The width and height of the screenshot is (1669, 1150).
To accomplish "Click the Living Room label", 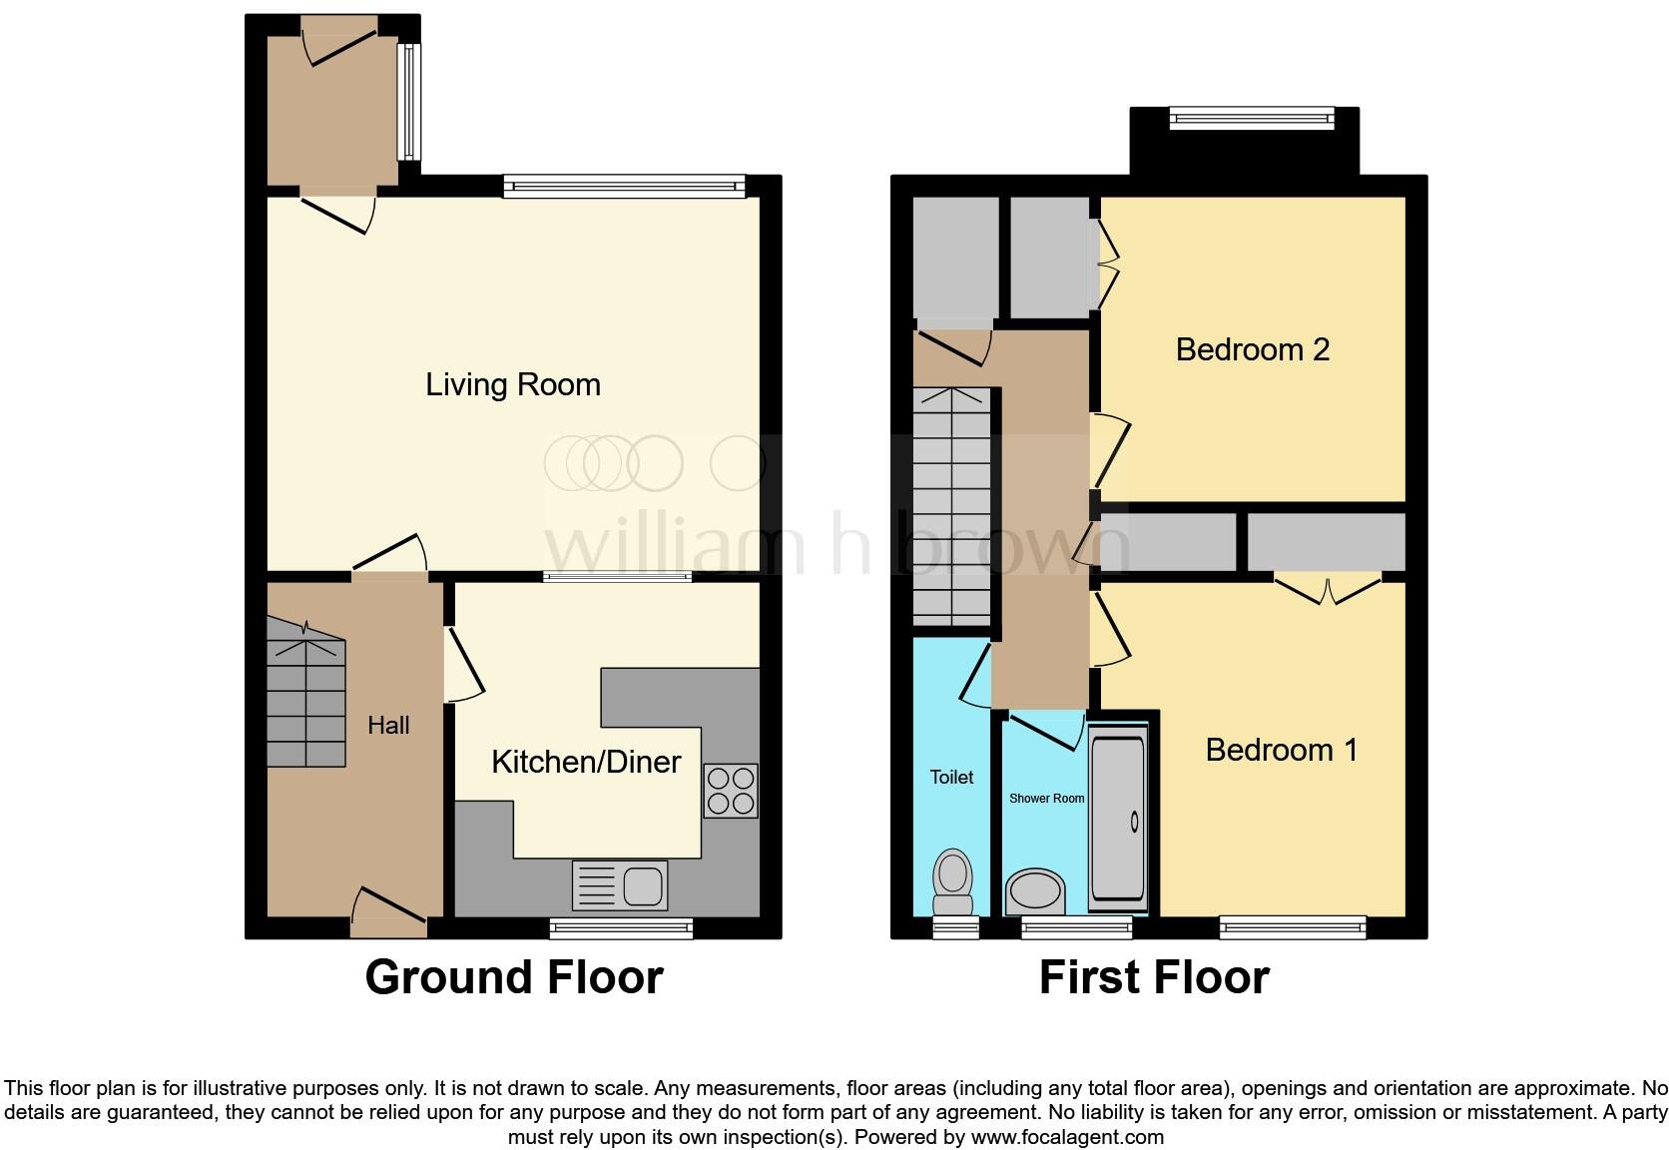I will (x=513, y=384).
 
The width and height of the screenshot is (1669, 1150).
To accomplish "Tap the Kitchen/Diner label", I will (x=586, y=762).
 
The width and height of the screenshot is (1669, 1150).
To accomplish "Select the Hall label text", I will (x=388, y=726).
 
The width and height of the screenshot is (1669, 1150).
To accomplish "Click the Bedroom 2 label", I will (x=1252, y=349).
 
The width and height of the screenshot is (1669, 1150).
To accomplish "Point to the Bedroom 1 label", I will (x=1281, y=750).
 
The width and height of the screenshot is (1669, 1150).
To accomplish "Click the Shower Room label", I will (x=1046, y=799).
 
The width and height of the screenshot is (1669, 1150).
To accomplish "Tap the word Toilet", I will (x=951, y=777).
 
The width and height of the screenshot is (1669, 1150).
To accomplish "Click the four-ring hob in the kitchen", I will (x=731, y=790).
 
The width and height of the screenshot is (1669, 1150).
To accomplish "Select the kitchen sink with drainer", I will (x=619, y=884).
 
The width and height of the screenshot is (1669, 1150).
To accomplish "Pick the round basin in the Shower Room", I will (x=1036, y=890).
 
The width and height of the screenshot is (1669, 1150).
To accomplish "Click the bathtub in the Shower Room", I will (x=1117, y=819).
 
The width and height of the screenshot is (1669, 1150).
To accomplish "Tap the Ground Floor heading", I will (x=514, y=977).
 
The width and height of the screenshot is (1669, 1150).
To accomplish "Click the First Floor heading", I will (x=1154, y=977).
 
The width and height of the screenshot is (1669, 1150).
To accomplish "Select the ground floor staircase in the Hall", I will (x=305, y=692).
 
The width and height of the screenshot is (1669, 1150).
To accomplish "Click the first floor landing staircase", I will (x=952, y=507).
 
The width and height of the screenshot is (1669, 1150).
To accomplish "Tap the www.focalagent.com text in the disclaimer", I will (x=1067, y=1136).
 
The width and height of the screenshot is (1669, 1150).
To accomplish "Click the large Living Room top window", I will (x=624, y=185).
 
